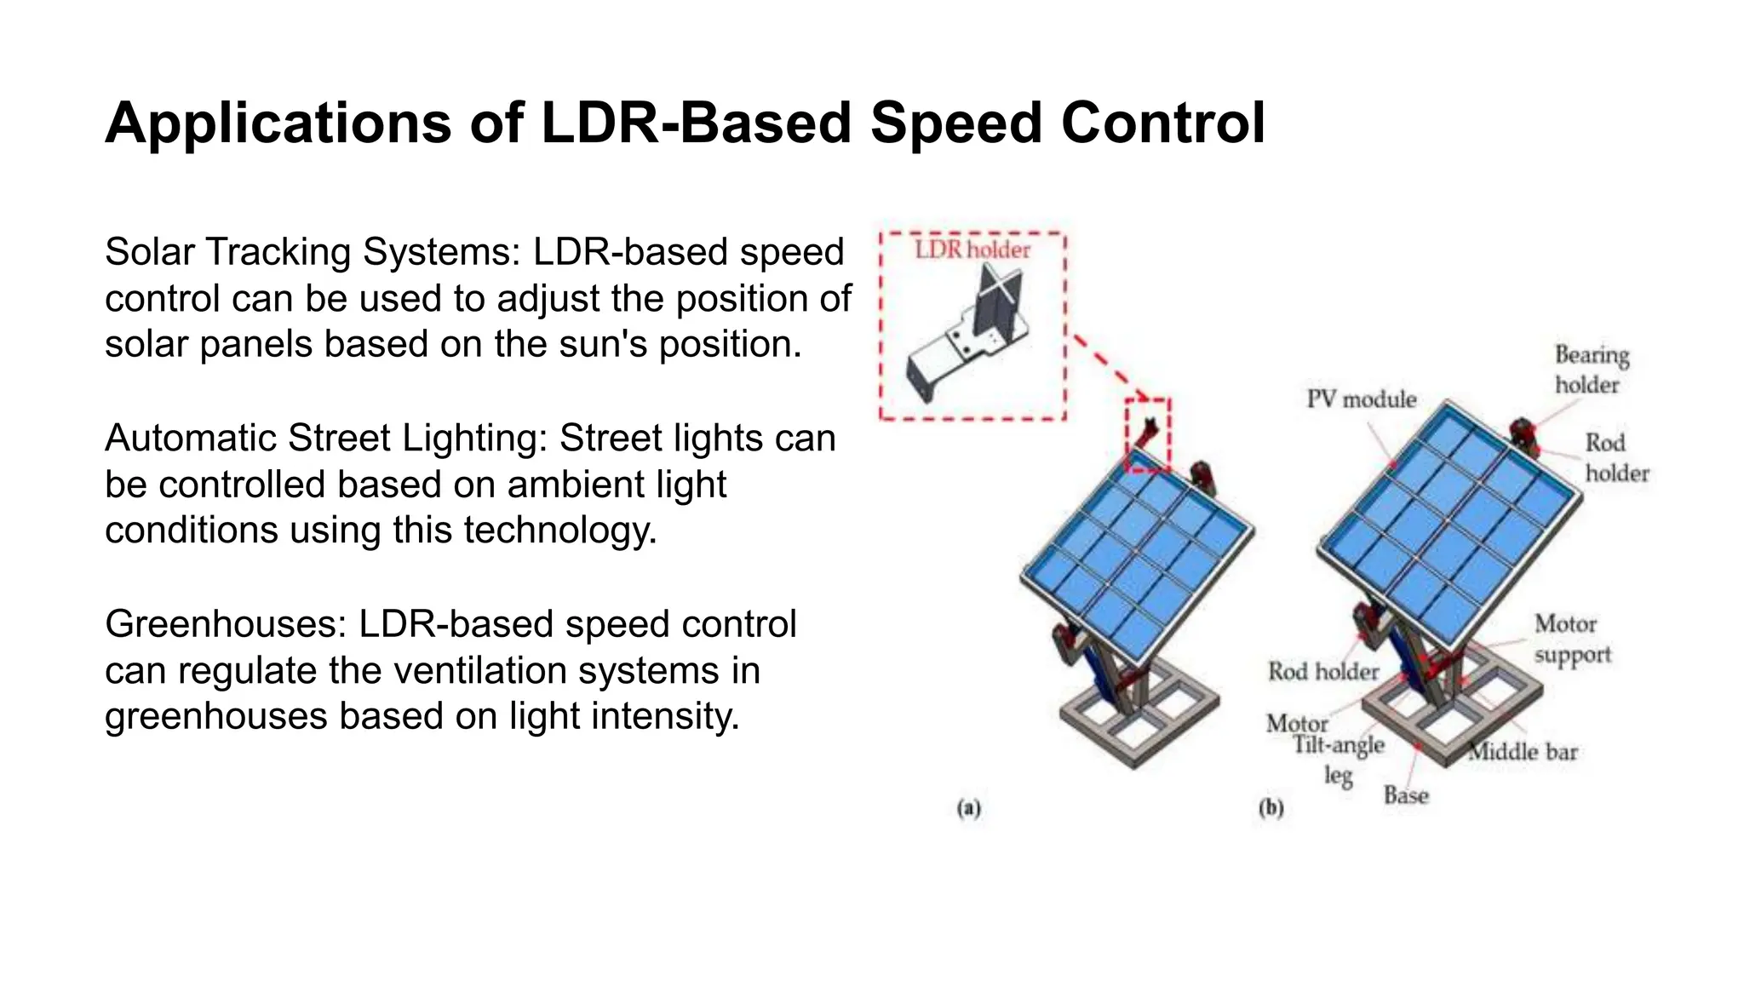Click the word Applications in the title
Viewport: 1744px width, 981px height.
pos(277,123)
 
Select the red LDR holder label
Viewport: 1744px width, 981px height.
pos(972,250)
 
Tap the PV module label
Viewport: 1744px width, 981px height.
pos(1361,399)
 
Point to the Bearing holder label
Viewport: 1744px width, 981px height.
pos(1591,370)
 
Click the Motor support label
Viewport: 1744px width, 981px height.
pos(1572,640)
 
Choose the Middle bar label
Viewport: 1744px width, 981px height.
pos(1523,752)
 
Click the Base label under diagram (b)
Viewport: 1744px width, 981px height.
pos(1405,795)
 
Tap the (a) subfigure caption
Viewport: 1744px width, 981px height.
pos(968,807)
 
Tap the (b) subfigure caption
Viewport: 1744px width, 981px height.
pos(1271,807)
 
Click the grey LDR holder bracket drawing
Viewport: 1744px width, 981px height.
pos(971,336)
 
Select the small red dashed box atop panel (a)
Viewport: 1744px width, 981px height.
pos(1148,434)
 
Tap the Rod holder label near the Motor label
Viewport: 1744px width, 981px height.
pos(1322,672)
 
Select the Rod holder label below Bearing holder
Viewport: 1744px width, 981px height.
pos(1615,458)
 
